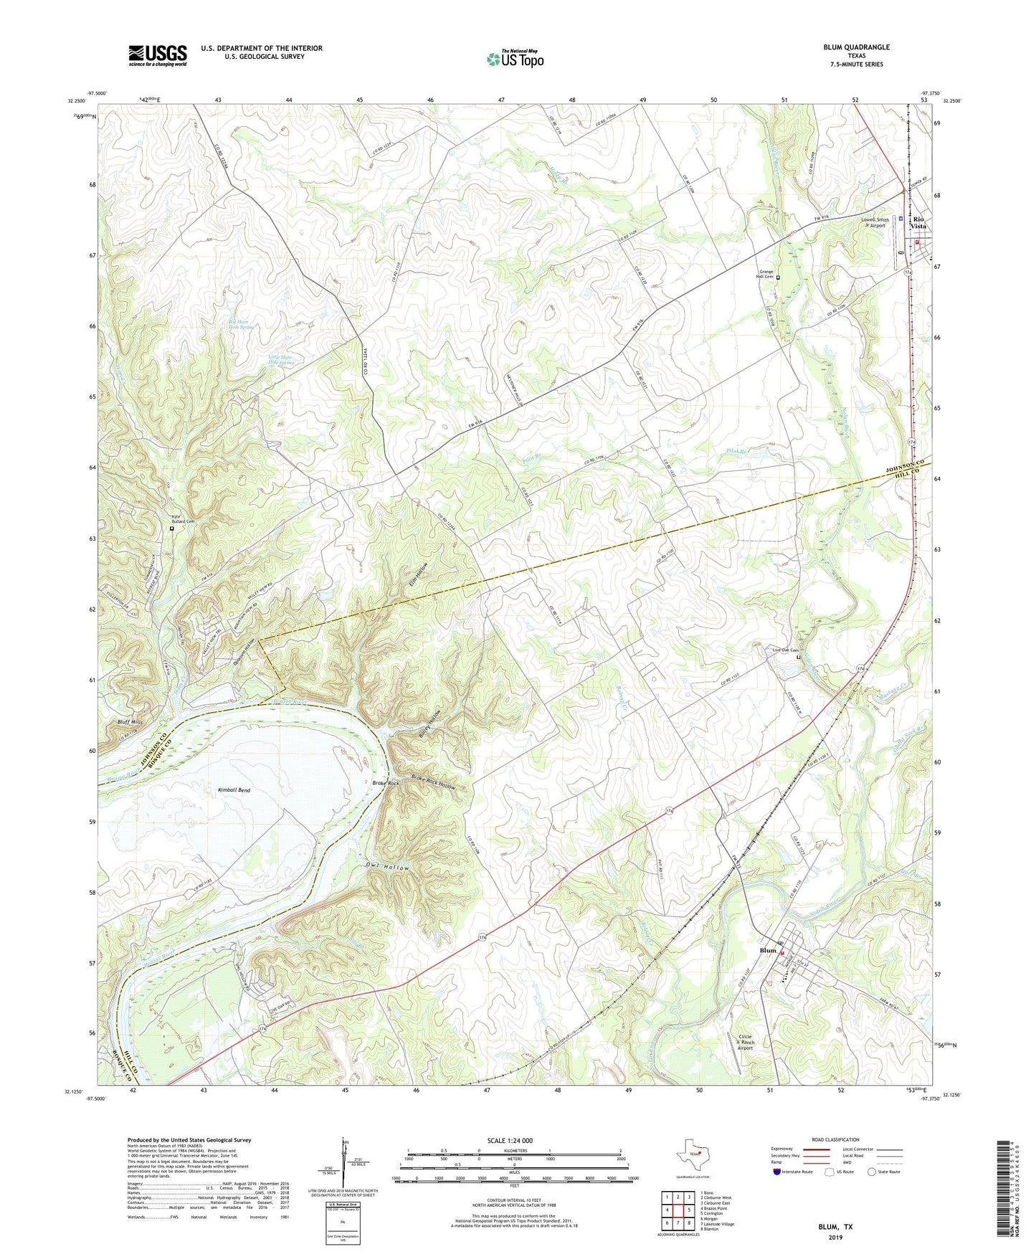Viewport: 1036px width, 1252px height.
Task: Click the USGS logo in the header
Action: click(158, 55)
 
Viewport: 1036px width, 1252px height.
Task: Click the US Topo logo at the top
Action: click(515, 58)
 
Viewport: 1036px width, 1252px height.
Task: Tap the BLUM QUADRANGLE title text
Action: click(856, 47)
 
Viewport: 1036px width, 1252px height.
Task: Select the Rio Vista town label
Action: click(918, 222)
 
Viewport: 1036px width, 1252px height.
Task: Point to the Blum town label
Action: click(767, 951)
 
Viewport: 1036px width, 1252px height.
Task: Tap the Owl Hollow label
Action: click(388, 868)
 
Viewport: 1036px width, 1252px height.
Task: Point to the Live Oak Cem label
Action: click(784, 650)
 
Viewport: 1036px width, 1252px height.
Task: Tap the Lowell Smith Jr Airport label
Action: click(875, 222)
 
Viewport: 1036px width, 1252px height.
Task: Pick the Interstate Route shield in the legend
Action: click(778, 1172)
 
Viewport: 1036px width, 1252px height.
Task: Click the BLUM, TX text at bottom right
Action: click(835, 1227)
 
